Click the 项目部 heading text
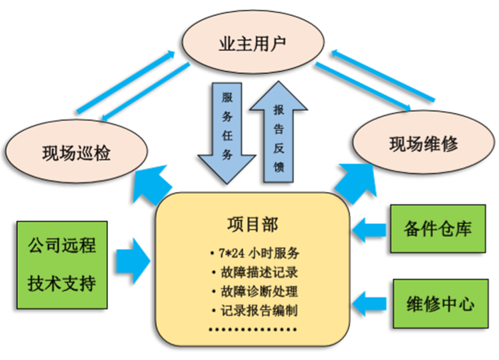253,225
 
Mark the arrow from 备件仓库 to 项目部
369,229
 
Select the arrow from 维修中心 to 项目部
369,301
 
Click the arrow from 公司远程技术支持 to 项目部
133,260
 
